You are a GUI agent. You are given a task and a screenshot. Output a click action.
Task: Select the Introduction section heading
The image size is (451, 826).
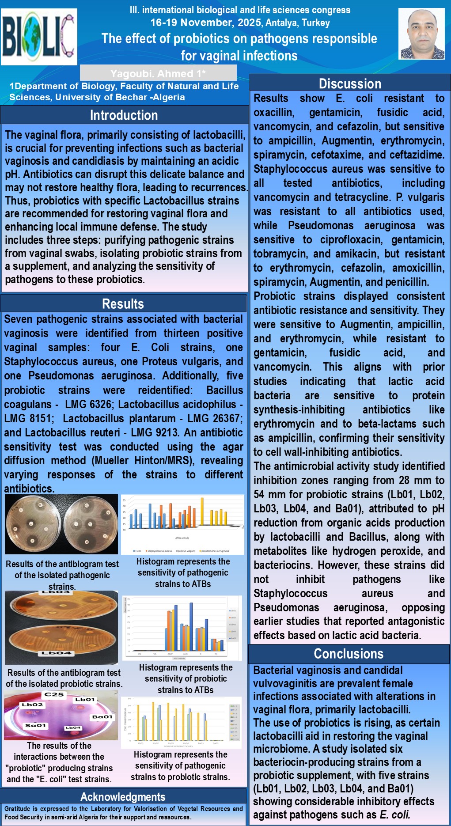point(124,115)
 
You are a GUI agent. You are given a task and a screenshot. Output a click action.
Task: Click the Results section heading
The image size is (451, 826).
point(123,304)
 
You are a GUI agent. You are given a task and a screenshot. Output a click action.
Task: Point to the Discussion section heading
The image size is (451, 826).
point(350,83)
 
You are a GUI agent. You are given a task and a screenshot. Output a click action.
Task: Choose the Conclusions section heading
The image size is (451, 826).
point(349,654)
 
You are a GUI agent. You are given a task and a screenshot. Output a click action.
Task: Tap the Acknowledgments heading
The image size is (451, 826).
point(123,797)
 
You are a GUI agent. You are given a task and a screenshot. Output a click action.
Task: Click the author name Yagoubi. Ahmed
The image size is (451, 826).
point(158,73)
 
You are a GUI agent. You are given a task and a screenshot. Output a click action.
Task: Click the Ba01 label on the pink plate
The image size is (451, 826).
point(102,717)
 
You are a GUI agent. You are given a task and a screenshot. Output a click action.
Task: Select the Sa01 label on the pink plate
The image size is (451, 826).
point(35,725)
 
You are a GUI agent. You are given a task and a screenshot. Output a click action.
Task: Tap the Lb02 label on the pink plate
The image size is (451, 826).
point(33,705)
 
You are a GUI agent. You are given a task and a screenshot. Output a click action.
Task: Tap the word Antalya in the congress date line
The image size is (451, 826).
point(281,23)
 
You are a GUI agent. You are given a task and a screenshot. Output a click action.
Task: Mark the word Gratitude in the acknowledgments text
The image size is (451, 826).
point(20,809)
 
